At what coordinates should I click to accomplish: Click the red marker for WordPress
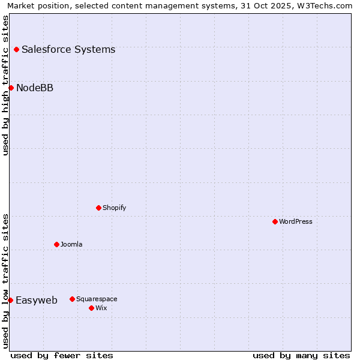(275, 221)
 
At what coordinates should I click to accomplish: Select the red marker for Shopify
(98, 208)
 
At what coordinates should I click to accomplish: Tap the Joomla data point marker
(56, 244)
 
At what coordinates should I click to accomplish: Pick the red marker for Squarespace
(72, 299)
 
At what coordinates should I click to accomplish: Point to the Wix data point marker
(91, 308)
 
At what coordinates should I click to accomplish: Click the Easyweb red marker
(10, 300)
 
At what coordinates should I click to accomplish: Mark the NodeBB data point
(11, 88)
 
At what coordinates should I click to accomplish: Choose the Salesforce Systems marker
(16, 49)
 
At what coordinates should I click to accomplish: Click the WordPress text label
(296, 221)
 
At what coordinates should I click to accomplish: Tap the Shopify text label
(115, 208)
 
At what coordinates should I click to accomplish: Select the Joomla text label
(71, 244)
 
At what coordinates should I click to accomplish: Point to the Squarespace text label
(97, 299)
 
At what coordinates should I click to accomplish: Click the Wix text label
(101, 308)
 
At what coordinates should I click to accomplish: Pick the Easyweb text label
(37, 300)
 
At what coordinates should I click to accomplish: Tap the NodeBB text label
(35, 88)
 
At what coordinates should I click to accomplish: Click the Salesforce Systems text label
(68, 49)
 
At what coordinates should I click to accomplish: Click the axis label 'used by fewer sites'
(62, 355)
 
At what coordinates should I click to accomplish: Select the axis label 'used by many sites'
(301, 355)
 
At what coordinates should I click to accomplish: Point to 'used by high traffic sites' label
(5, 85)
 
